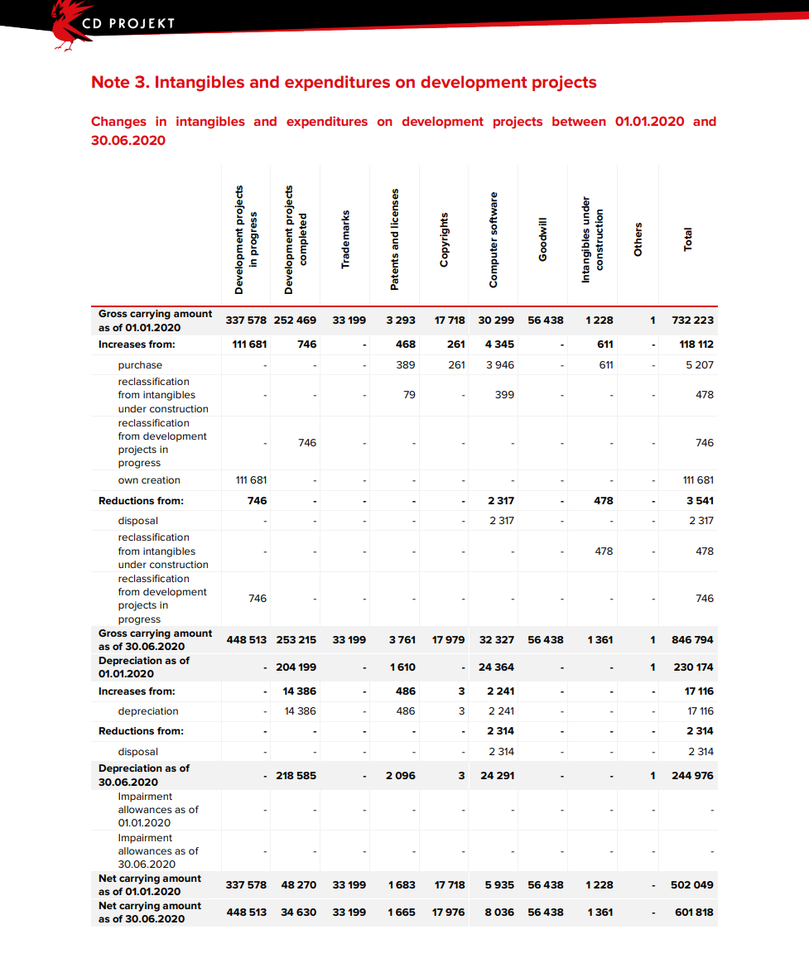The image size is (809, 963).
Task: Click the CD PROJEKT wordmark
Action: (128, 23)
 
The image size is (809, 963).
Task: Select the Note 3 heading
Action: (344, 82)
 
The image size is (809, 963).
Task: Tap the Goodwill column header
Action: (543, 239)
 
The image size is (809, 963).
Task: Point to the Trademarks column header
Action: (345, 239)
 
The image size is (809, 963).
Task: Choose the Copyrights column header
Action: (445, 239)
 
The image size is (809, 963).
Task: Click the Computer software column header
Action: (494, 239)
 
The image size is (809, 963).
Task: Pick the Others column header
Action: (638, 239)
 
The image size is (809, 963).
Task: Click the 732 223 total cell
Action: (692, 320)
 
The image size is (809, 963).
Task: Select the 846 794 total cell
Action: (692, 640)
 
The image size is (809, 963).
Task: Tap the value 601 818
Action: (692, 912)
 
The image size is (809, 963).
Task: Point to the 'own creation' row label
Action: (149, 480)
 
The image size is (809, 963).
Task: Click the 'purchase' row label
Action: (140, 365)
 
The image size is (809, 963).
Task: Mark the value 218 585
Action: (296, 776)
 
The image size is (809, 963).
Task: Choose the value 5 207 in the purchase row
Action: (699, 365)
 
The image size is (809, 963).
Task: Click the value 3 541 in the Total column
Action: (700, 501)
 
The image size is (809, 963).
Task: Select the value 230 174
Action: (692, 667)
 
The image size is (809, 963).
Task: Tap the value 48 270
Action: (298, 885)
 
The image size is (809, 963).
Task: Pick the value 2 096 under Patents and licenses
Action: (402, 776)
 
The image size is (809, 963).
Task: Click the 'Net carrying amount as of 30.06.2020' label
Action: (150, 912)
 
